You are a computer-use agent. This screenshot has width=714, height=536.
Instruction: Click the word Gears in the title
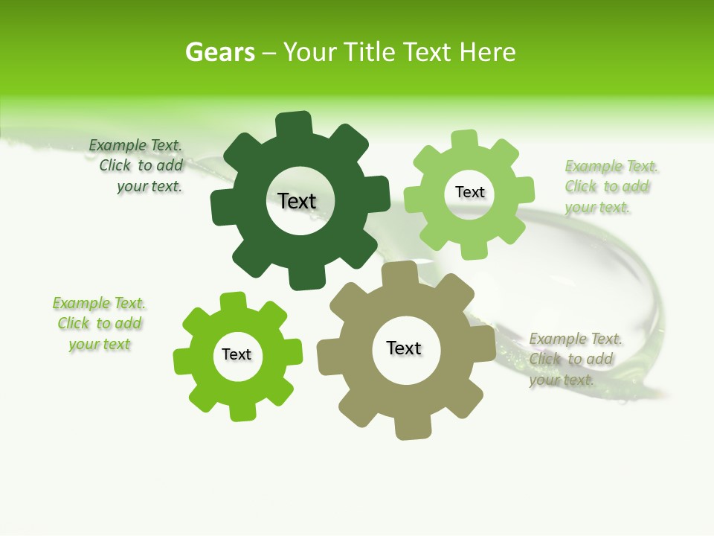(219, 52)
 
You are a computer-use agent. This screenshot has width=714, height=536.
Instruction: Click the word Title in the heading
(374, 52)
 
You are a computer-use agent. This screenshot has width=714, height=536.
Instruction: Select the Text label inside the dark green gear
(297, 201)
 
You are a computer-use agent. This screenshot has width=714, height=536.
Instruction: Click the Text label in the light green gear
(469, 192)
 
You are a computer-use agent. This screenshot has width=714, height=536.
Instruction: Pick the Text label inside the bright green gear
(237, 354)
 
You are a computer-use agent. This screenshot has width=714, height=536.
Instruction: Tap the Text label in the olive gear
(404, 348)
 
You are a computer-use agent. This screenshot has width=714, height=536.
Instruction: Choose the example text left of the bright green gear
(100, 324)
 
